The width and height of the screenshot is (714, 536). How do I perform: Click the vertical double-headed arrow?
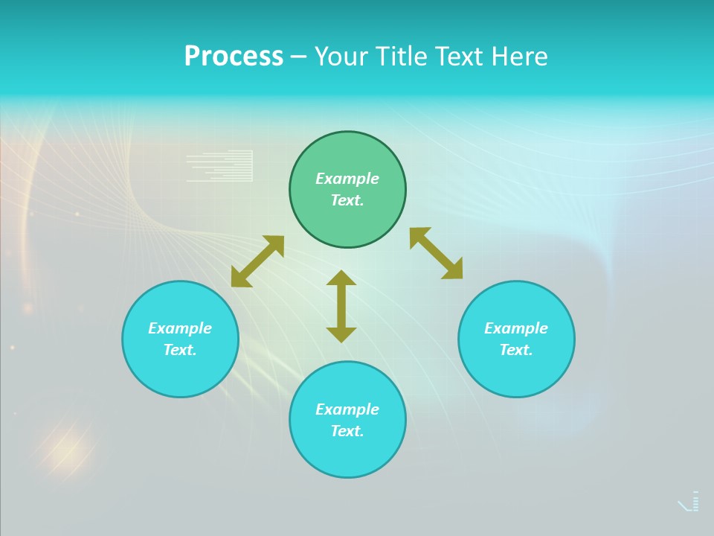click(x=341, y=307)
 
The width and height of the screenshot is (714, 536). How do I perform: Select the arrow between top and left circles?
click(x=257, y=261)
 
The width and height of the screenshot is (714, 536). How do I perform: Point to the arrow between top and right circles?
click(x=437, y=253)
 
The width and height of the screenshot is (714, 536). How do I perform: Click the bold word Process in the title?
click(x=234, y=57)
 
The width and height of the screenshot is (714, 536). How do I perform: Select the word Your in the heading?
click(x=341, y=57)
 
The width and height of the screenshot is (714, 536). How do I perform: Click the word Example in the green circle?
click(x=347, y=179)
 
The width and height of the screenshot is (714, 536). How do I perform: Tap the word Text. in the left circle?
click(x=180, y=350)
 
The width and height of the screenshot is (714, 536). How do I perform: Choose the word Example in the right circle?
click(x=516, y=328)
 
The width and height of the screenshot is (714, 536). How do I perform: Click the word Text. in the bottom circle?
click(x=347, y=431)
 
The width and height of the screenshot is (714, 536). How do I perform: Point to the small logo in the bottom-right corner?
click(x=689, y=502)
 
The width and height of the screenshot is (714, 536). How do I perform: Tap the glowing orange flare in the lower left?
click(x=67, y=448)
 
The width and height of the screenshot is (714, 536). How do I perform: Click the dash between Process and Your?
click(x=298, y=57)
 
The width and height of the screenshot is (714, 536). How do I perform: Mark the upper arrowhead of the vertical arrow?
click(x=341, y=278)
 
